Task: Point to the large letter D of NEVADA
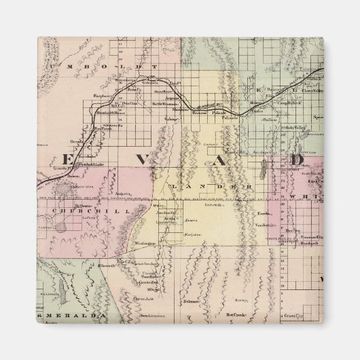click(x=297, y=160)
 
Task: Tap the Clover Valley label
click(x=310, y=89)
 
